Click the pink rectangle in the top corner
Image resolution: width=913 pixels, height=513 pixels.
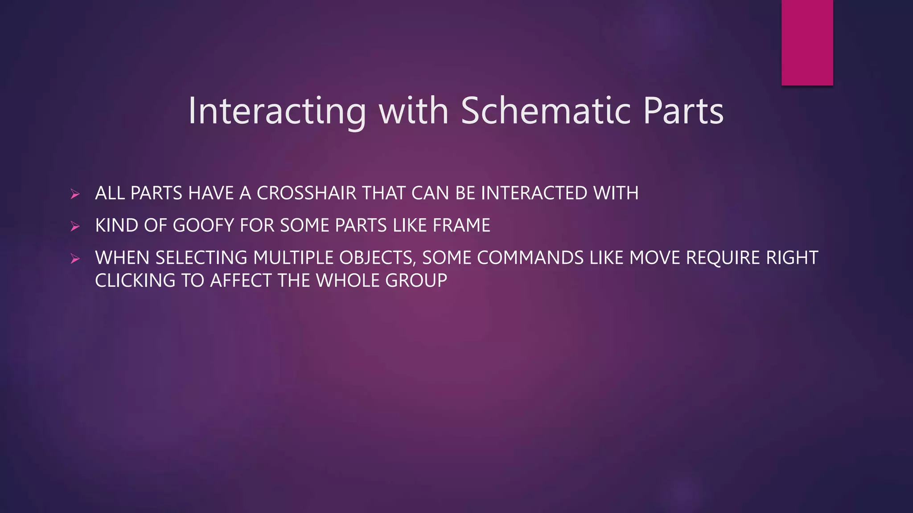click(x=807, y=42)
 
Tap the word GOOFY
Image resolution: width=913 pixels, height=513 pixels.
click(x=203, y=225)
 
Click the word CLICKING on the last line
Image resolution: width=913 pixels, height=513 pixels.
click(x=135, y=281)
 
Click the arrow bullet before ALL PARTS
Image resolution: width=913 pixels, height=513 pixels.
click(x=75, y=194)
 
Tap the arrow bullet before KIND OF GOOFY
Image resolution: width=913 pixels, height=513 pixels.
click(x=75, y=226)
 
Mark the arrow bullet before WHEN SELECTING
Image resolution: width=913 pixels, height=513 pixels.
click(x=75, y=258)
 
